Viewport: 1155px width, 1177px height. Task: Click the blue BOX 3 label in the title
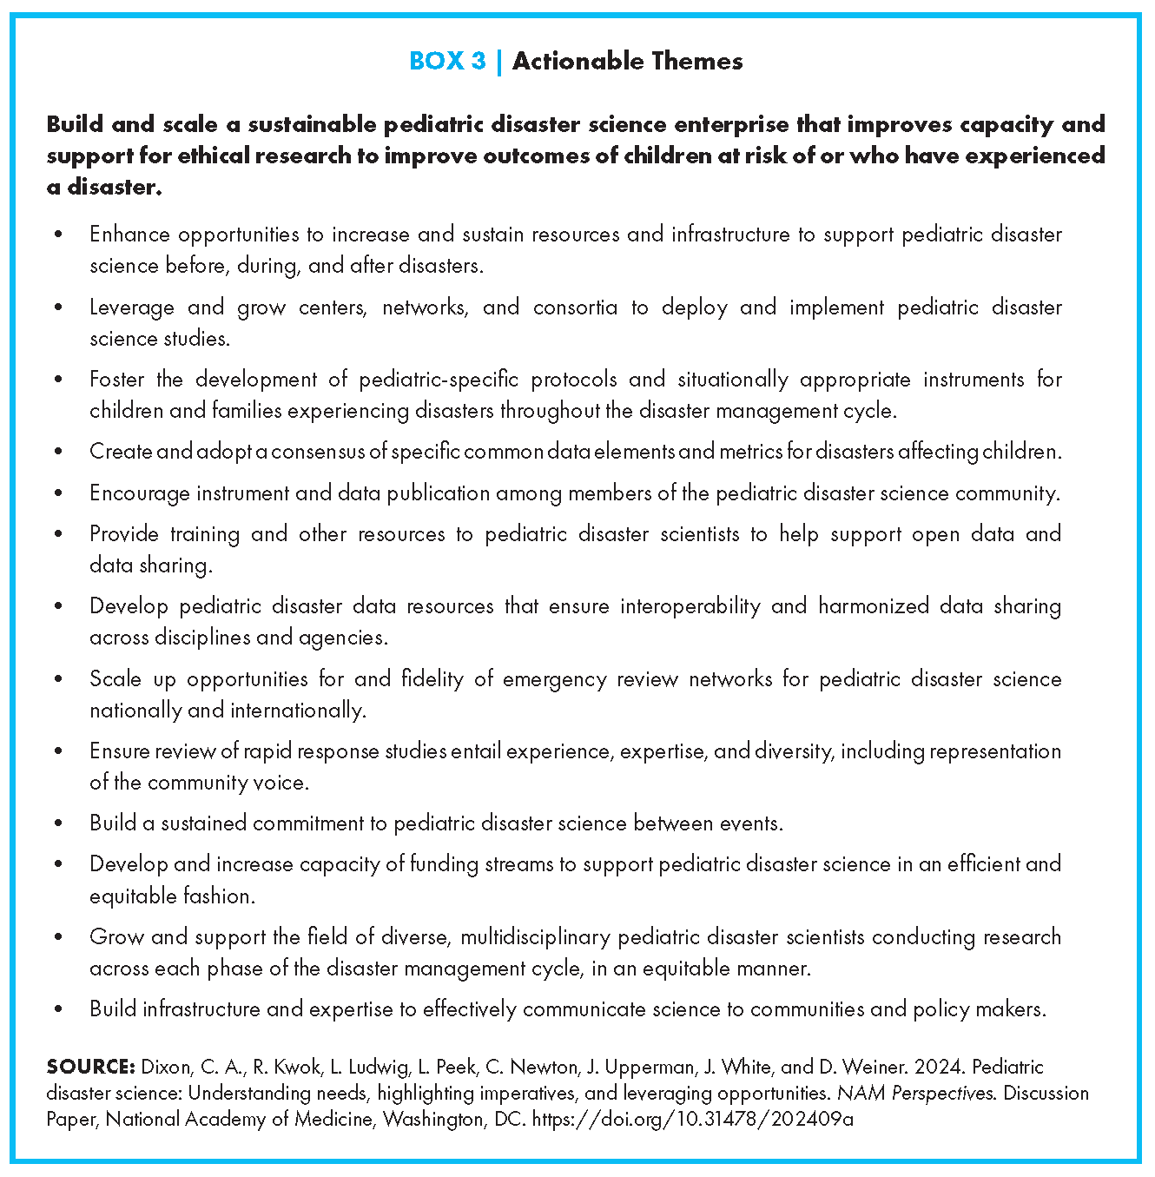(447, 61)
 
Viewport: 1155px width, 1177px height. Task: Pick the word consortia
(575, 307)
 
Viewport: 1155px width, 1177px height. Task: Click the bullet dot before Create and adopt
(58, 452)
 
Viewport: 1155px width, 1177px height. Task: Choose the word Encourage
(139, 493)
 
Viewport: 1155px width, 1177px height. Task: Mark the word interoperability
(690, 606)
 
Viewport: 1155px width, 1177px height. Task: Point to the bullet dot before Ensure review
(58, 751)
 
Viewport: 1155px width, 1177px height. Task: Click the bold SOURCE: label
(90, 1067)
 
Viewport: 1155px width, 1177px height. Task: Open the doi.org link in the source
(692, 1119)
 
